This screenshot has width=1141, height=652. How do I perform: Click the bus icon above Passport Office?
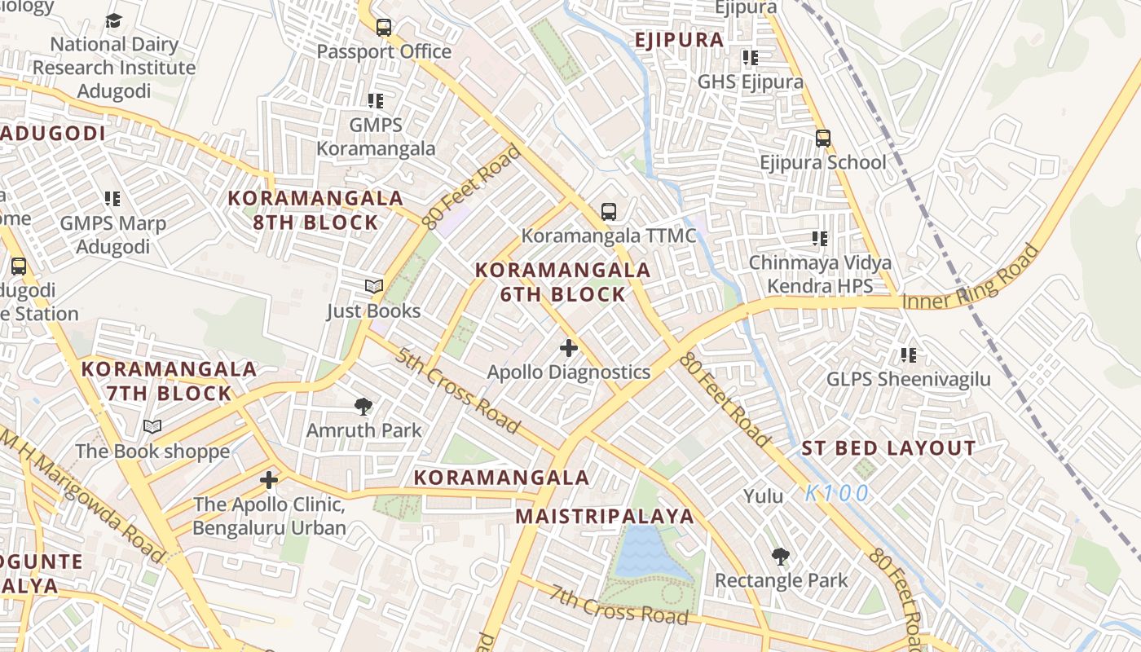pos(384,27)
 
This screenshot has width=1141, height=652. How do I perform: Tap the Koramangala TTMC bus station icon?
pos(609,211)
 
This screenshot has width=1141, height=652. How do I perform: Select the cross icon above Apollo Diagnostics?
pos(569,348)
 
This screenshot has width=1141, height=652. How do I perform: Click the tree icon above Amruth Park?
pos(363,406)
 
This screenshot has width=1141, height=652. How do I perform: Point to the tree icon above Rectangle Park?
pos(781,557)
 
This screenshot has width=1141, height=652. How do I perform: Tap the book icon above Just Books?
pos(374,286)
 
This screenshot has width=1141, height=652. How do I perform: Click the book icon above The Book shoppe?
pos(152,426)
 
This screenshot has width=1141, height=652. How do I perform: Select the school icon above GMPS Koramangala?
pos(376,101)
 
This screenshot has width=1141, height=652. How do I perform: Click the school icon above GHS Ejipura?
pos(751,58)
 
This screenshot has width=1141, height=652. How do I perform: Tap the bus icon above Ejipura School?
pos(823,138)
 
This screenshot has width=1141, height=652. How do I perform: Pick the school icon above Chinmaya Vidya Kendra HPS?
pos(820,239)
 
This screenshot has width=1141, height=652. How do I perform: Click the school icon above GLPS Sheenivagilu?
pos(909,355)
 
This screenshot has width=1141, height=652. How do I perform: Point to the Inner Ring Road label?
pos(971,279)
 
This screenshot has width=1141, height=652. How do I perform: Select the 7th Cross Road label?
pos(619,604)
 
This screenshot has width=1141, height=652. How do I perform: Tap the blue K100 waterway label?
pos(837,493)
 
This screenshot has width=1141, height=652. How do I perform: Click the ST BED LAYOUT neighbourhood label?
pos(888,448)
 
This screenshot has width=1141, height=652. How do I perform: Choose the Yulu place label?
pos(764,496)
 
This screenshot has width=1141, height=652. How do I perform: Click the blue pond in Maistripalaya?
pos(646,553)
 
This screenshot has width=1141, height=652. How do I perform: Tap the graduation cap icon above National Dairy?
pos(113,20)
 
